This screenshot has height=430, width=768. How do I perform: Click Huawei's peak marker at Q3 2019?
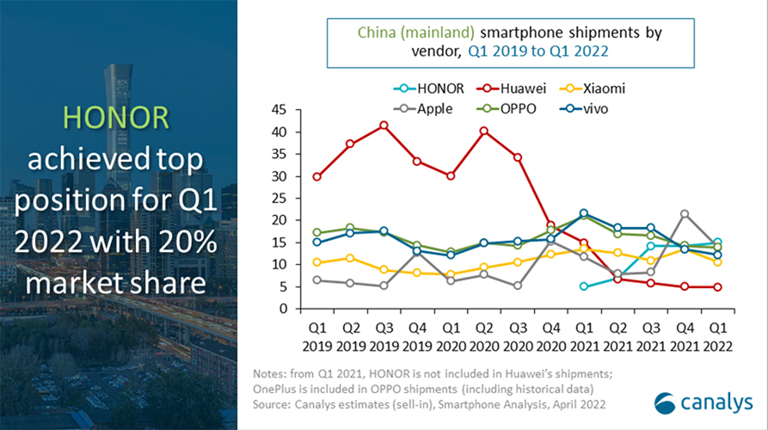(384, 126)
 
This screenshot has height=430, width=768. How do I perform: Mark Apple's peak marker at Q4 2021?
(685, 214)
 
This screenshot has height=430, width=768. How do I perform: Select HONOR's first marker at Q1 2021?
(585, 286)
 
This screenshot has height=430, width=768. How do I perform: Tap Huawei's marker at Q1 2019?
(318, 176)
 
